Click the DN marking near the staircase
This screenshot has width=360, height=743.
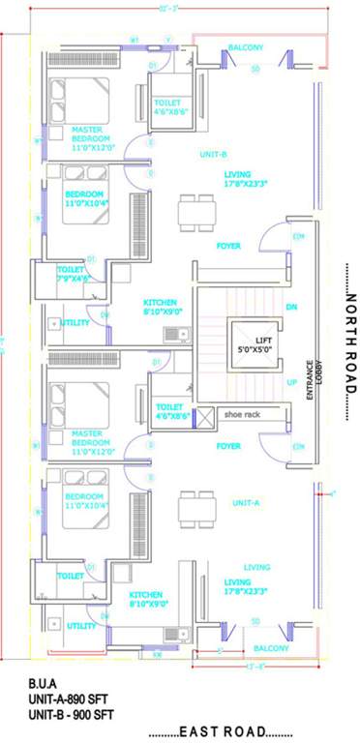291,308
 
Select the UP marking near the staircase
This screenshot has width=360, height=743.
291,382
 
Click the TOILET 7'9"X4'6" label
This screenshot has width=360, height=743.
74,274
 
